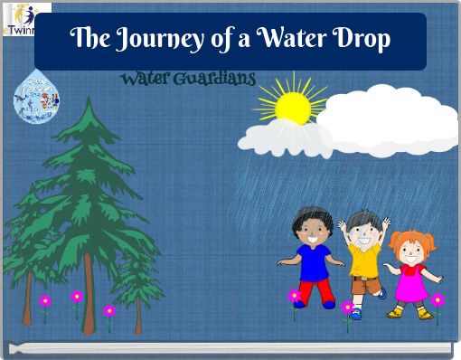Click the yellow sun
293,107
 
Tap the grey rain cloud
283,137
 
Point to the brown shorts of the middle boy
365,282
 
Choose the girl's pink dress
412,282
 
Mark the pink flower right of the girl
437,300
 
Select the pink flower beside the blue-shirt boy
294,296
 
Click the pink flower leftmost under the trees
45,301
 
